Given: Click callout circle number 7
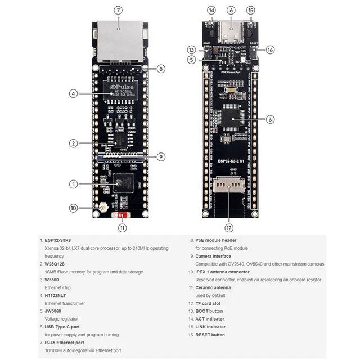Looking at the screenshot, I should click(118, 10).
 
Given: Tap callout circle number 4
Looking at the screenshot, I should click(73, 94).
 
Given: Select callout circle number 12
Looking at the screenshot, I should click(228, 228).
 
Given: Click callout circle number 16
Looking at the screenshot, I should click(270, 49).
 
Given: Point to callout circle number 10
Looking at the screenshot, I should click(73, 208).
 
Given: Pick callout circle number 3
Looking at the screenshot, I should click(270, 119).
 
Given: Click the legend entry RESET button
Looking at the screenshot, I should click(210, 335).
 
